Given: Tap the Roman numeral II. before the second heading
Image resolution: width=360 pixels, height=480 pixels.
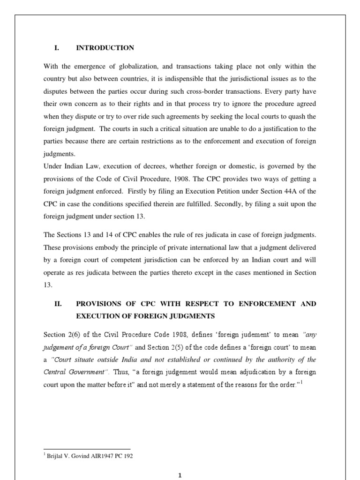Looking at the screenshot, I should pyautogui.click(x=59, y=304).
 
